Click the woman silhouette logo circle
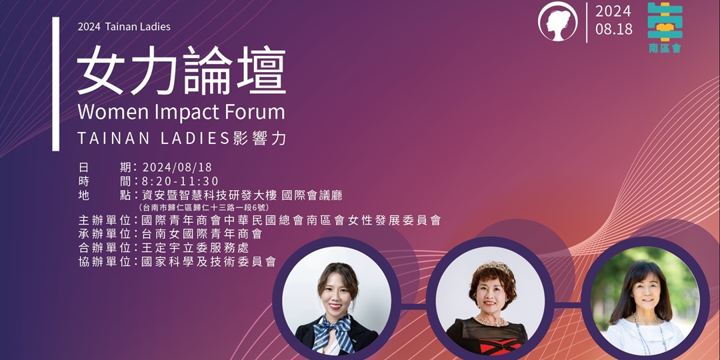pos(558,21)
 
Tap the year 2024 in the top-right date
pos(613,11)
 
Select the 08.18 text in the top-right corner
pos(614,30)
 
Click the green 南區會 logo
pos(665,27)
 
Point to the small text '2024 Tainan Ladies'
pos(124,27)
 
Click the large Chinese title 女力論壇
pos(181,71)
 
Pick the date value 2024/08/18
pos(177,167)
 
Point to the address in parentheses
pos(204,207)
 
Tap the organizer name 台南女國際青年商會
pos(201,234)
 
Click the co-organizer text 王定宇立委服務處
pos(195,248)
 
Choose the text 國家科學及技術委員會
pos(209,262)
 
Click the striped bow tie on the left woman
pos(335,329)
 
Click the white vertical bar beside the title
pos(56,83)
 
